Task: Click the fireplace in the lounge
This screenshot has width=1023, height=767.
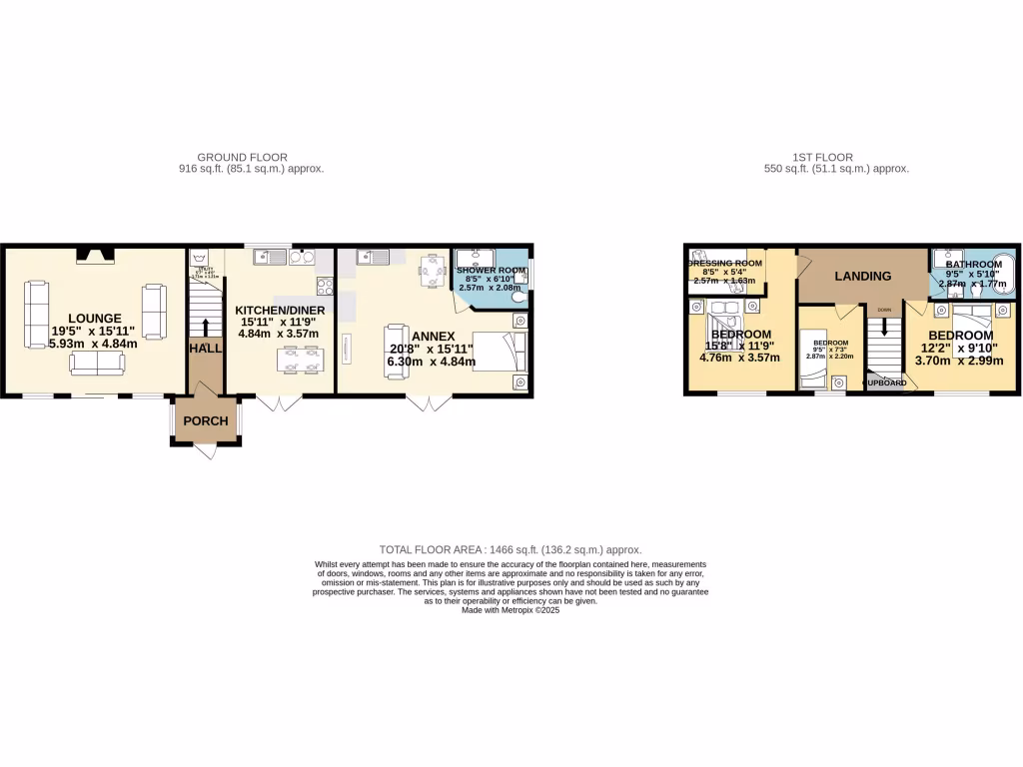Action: [x=96, y=257]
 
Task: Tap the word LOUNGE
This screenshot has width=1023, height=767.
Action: [x=96, y=319]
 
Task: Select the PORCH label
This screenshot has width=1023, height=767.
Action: [x=207, y=421]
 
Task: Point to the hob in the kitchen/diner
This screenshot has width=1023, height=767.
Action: [x=325, y=286]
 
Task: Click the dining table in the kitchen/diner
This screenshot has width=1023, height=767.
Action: [x=301, y=359]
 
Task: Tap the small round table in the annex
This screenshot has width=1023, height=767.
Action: [x=431, y=270]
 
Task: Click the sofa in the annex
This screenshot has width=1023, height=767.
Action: [x=396, y=353]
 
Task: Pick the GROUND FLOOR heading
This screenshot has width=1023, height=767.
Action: [x=243, y=157]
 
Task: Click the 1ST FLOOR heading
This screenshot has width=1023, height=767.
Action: [x=822, y=157]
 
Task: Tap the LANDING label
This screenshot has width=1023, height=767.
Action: [x=863, y=277]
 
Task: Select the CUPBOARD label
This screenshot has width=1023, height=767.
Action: [x=885, y=383]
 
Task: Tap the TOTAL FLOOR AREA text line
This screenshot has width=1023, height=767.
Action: [x=511, y=549]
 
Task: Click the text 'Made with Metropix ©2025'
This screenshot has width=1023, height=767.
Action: [x=511, y=610]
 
